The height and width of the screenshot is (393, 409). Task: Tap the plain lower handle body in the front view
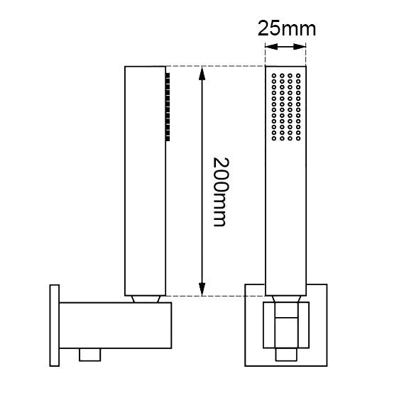(x=285, y=227)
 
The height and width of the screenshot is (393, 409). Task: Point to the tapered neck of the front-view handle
(x=285, y=299)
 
